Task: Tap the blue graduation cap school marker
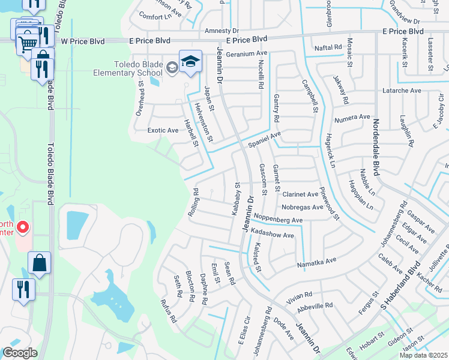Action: [x=190, y=62]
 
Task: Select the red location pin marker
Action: [x=23, y=227]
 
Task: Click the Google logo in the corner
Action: [x=20, y=353]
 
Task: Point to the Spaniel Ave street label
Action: [x=264, y=140]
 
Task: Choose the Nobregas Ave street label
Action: [x=302, y=207]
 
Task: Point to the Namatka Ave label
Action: [x=317, y=262]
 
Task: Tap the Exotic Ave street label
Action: [x=163, y=130]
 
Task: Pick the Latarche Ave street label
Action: [x=402, y=91]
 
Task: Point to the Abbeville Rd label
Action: [x=315, y=305]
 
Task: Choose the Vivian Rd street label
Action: [x=300, y=295]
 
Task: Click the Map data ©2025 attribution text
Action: [x=423, y=355]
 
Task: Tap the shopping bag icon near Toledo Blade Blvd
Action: [x=39, y=263]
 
